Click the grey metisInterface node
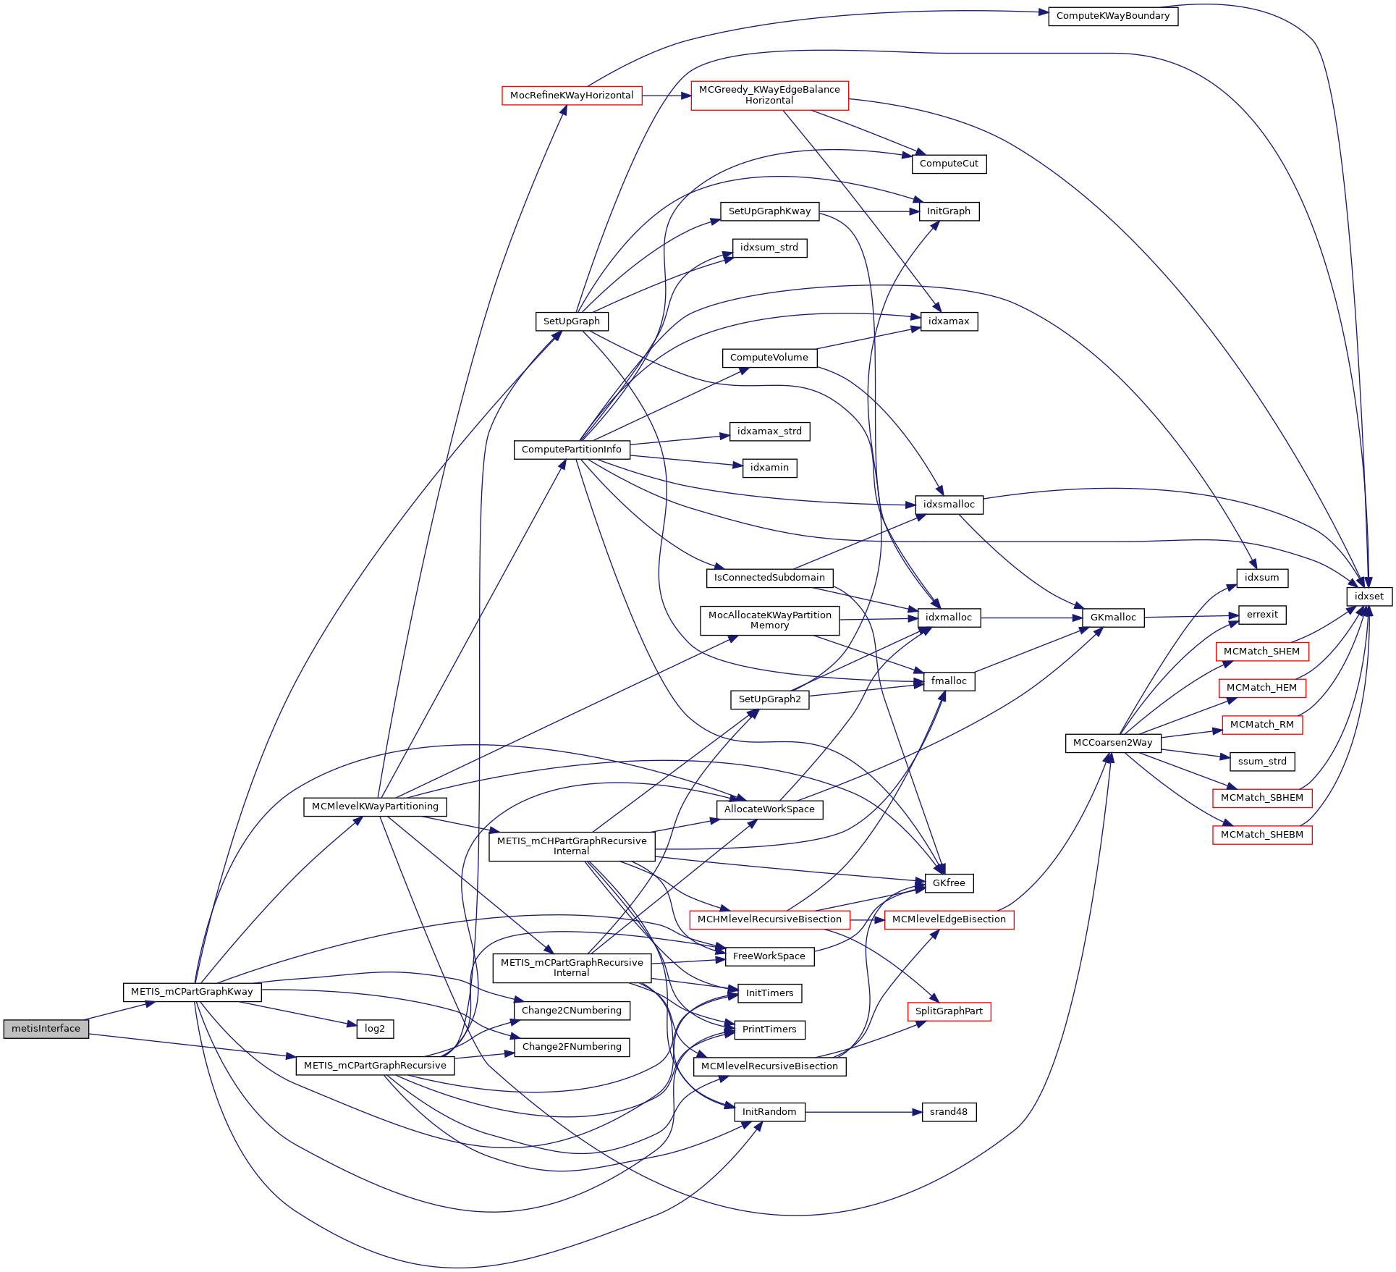[46, 1029]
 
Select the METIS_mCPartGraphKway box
[192, 992]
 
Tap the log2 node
[375, 1029]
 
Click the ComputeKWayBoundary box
[1113, 16]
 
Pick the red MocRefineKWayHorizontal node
[572, 96]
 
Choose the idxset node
[1368, 597]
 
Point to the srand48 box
[949, 1112]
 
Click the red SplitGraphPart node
[949, 1011]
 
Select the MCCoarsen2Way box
[1113, 743]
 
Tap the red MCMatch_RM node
[1262, 725]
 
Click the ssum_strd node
[1262, 762]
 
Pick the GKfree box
[949, 883]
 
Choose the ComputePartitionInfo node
[572, 450]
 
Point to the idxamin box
[769, 468]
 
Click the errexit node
[1262, 615]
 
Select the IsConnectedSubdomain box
[769, 578]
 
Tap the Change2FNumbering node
[572, 1047]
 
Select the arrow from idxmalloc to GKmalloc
[1031, 618]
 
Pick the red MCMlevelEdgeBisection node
[949, 919]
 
